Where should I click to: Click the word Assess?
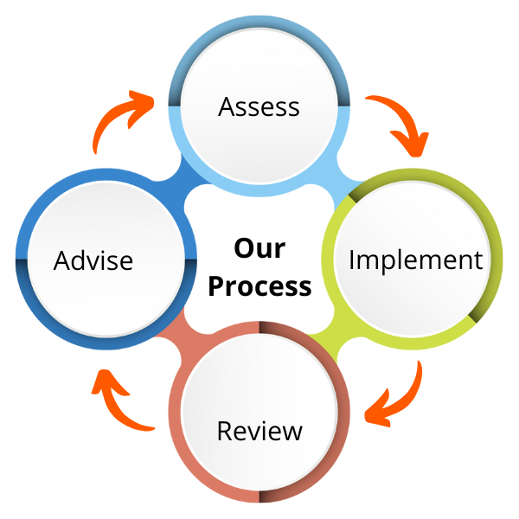coord(259,107)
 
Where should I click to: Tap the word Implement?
coord(415,259)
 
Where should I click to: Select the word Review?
coord(259,430)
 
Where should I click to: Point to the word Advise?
coord(93,259)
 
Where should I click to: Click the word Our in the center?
coord(259,248)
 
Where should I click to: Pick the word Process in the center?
coord(259,285)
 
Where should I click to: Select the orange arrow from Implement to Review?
coord(398,398)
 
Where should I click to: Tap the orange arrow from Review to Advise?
coord(119,400)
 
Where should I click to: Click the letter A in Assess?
coord(227,106)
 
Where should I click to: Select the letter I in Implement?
coord(352,259)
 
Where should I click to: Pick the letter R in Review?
coord(224,430)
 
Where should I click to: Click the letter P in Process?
coord(216,285)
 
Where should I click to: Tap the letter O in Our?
coord(243,248)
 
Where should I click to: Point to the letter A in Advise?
coord(61,259)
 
